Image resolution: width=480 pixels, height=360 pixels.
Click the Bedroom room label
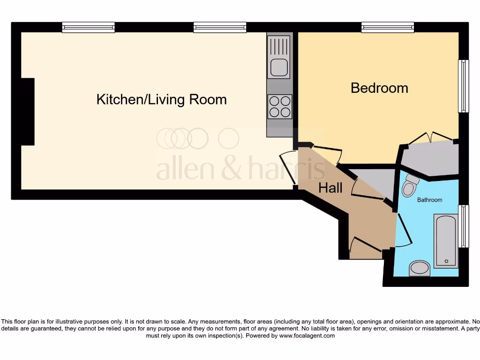point(379,88)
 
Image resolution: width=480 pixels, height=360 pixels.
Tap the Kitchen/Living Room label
point(161,99)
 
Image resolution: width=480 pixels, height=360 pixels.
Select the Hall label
point(330,188)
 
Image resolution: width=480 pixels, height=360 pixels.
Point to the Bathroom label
point(429,200)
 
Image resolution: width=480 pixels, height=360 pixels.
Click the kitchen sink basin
point(279,68)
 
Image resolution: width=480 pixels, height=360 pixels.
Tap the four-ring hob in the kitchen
point(279,106)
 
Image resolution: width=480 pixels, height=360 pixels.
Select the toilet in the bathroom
point(410,186)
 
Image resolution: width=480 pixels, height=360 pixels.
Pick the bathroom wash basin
point(420,269)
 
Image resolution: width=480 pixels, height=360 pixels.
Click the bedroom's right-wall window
point(463,86)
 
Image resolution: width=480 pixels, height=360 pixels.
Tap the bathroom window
point(463,226)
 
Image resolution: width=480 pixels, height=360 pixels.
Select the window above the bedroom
point(387,28)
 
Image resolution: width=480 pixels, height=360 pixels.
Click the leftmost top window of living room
point(88,28)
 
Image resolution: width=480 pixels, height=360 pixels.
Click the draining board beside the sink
point(279,47)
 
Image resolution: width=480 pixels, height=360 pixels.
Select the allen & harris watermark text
point(240,169)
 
